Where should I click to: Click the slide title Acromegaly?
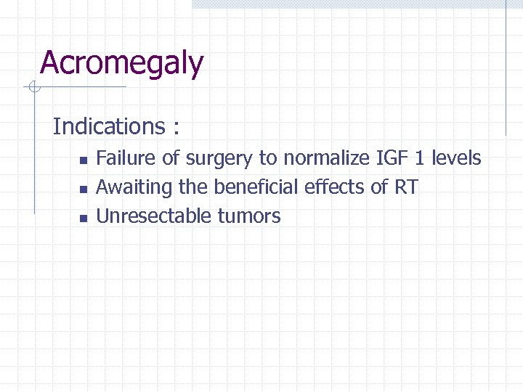(x=121, y=64)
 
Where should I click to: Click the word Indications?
(x=109, y=126)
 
